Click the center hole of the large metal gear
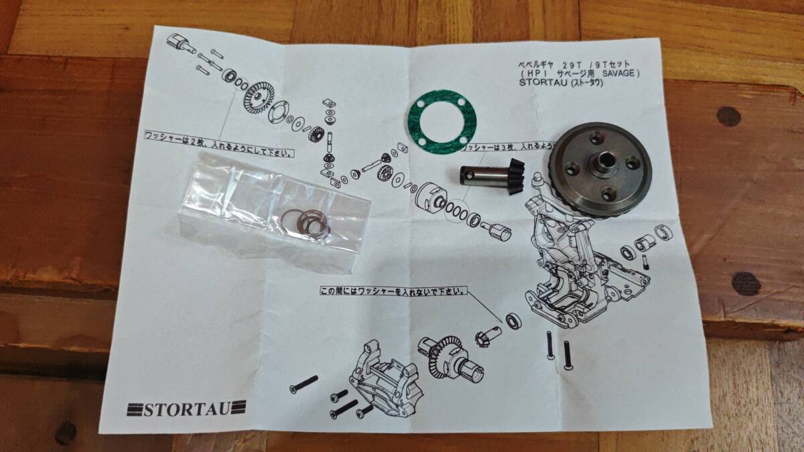pyautogui.click(x=605, y=161)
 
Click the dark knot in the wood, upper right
pyautogui.click(x=729, y=116)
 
